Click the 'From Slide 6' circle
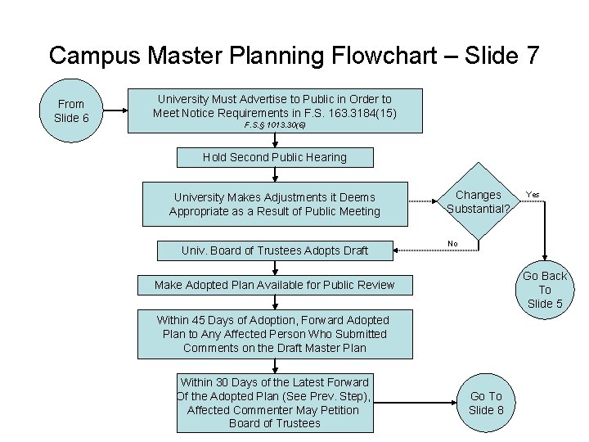[x=71, y=110]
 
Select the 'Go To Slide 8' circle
[x=486, y=403]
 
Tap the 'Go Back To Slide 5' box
[x=545, y=290]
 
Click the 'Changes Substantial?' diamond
[x=479, y=202]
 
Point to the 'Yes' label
[x=533, y=195]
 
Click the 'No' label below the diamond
[x=452, y=243]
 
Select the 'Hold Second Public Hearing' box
[x=275, y=157]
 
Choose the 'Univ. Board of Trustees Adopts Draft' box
[x=274, y=250]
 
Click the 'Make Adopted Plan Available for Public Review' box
[x=274, y=285]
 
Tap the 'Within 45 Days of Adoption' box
[x=274, y=334]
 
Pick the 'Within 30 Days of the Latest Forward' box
[x=274, y=403]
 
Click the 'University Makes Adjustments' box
[x=274, y=204]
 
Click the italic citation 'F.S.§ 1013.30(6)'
[x=275, y=126]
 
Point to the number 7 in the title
[x=531, y=56]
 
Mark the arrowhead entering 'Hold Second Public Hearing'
[x=275, y=144]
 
